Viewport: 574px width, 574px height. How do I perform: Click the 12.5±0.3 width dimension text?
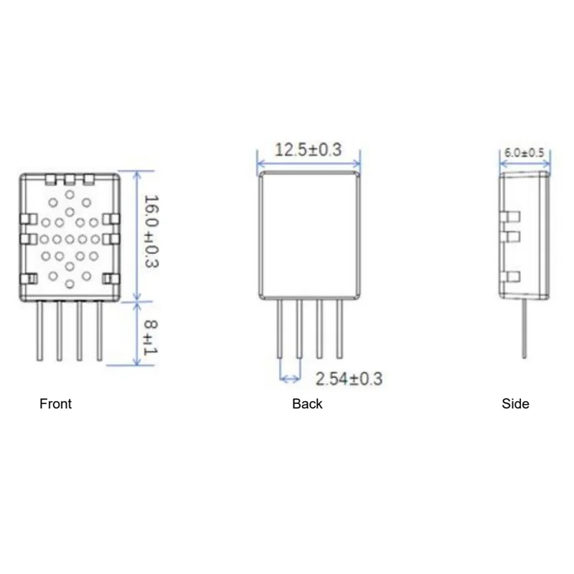(309, 150)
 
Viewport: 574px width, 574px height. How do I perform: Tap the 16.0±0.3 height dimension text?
(151, 231)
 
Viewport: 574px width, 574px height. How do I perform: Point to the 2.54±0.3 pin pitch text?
(349, 378)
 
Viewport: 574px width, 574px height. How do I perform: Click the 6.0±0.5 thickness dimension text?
(524, 153)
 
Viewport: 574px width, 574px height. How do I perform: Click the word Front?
(55, 404)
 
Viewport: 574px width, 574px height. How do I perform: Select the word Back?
(307, 404)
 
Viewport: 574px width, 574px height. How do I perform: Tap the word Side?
(515, 404)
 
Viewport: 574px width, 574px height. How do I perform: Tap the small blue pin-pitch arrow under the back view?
(290, 378)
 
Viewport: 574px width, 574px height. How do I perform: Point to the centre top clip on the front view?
(70, 179)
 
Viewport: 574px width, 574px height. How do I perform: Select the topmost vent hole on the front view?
(70, 194)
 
